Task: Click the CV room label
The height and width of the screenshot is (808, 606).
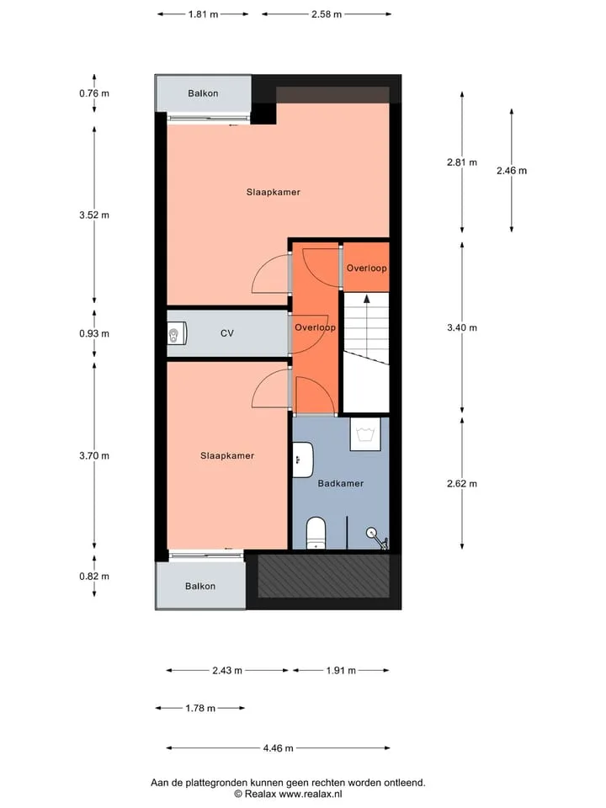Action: tap(227, 333)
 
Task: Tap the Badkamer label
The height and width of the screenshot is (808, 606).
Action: tap(341, 483)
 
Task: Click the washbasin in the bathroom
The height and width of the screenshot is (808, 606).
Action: tap(303, 460)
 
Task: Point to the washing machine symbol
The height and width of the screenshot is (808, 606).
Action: tap(365, 434)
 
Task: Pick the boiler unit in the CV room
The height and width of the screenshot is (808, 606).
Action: tap(177, 333)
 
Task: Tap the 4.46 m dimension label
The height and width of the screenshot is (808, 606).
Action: tap(278, 748)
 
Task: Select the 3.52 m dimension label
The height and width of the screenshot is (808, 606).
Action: tap(94, 215)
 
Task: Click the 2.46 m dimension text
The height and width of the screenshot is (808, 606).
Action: tap(512, 171)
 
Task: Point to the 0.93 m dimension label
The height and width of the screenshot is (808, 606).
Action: tap(94, 333)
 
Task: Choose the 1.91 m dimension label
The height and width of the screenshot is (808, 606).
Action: tap(341, 671)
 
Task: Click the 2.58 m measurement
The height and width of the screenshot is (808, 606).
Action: tap(327, 14)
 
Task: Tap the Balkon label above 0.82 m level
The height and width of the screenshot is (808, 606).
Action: tap(200, 586)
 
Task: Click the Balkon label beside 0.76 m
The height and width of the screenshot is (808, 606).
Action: tap(203, 93)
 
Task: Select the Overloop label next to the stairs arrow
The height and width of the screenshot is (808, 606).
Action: tap(366, 268)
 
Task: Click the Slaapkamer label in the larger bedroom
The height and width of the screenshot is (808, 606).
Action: tap(273, 192)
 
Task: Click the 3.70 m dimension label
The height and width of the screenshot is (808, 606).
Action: tap(94, 455)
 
